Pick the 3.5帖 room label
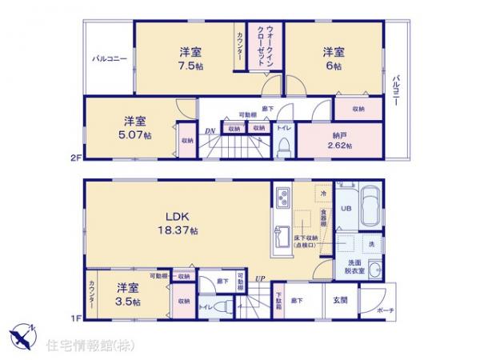tap(126, 302)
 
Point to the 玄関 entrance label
tap(339, 301)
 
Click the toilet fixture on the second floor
tap(283, 146)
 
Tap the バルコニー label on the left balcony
tap(108, 58)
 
